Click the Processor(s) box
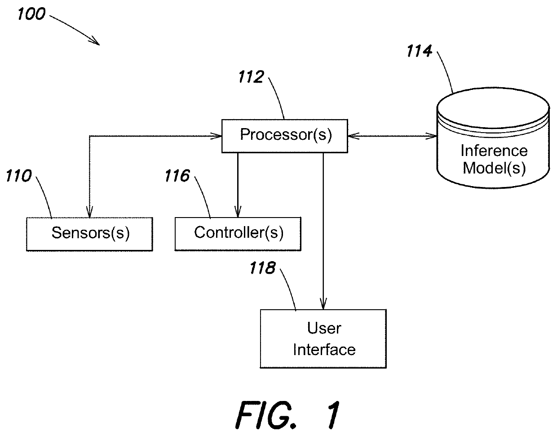pos(285,136)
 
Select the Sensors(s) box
pos(89,234)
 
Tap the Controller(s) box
pos(238,234)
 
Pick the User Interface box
pos(323,339)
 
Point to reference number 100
pos(32,14)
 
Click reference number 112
pos(251,77)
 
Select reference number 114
pos(419,52)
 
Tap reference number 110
pos(18,176)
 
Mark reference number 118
pos(263,268)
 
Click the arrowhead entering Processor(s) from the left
pos(219,136)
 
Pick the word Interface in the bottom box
pos(324,350)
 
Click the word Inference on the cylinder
pos(494,151)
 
